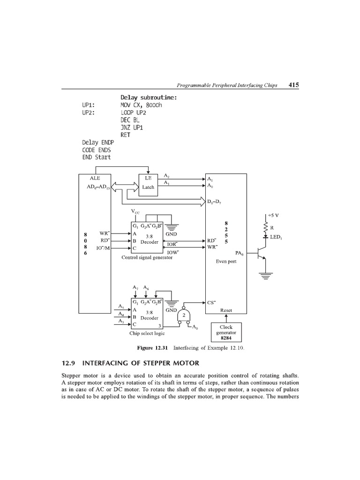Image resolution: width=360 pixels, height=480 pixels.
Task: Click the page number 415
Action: pos(294,85)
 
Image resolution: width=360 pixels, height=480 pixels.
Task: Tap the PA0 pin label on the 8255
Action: pos(240,253)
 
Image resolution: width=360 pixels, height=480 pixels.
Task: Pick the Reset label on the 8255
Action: pos(226,310)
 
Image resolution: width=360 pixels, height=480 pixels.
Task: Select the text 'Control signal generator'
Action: pos(147,257)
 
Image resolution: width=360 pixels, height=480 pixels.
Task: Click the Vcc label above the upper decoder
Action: pos(135,212)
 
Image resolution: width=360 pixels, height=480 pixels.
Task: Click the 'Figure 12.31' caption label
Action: pos(152,348)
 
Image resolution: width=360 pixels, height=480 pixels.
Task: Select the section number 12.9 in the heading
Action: pos(69,363)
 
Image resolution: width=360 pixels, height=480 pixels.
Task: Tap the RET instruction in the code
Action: pos(126,135)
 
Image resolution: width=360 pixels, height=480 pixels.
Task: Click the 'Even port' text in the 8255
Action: pos(226,262)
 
